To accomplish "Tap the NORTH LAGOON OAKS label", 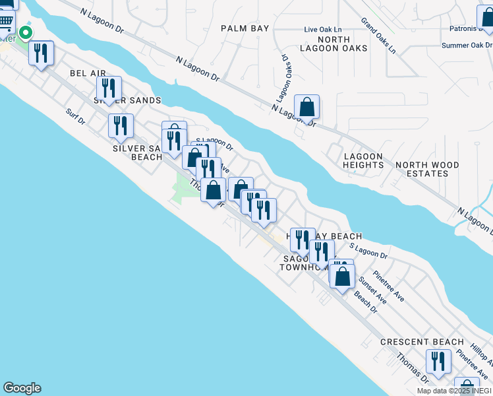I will pos(324,44).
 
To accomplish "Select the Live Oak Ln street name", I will pos(323,30).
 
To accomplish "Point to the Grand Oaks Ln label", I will pos(378,35).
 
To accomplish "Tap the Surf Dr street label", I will pos(76,117).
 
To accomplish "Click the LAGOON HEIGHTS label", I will pos(362,160).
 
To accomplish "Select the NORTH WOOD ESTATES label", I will pos(422,169).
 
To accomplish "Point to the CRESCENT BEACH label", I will pos(422,342).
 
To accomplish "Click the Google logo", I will pos(21,388).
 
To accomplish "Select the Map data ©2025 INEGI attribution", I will pos(454,391).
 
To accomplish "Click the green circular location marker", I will pos(26,32).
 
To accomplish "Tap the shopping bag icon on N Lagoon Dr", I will pos(306,108).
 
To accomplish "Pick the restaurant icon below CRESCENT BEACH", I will pos(438,362).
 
